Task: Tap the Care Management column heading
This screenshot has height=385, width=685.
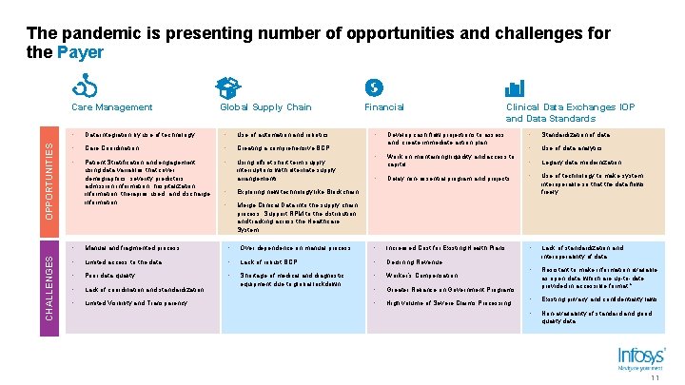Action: click(111, 107)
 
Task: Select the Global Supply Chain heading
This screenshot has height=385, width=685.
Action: click(265, 107)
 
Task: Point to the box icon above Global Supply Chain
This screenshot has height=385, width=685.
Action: click(227, 88)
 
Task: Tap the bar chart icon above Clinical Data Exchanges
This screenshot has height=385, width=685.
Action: click(515, 88)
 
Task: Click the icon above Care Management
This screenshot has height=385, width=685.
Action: click(86, 88)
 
